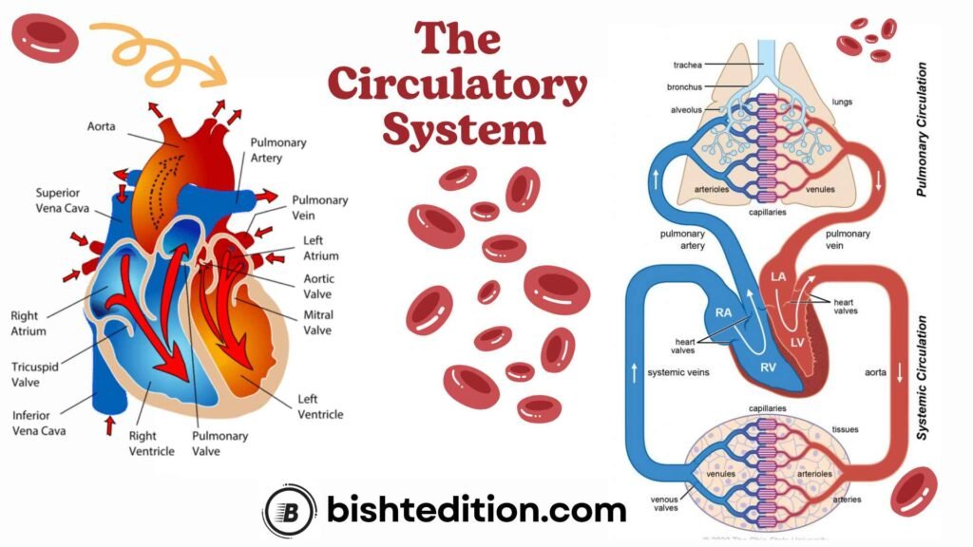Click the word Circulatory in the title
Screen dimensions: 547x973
457,86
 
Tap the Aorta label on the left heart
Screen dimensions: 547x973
102,125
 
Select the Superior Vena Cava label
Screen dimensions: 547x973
64,199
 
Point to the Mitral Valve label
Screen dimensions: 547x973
317,322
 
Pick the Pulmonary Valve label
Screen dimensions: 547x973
220,443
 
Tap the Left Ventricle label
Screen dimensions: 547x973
320,406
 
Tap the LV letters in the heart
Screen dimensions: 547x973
797,340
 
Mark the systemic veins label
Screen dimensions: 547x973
677,371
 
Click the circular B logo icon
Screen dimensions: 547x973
289,510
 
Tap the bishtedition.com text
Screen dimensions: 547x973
475,510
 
